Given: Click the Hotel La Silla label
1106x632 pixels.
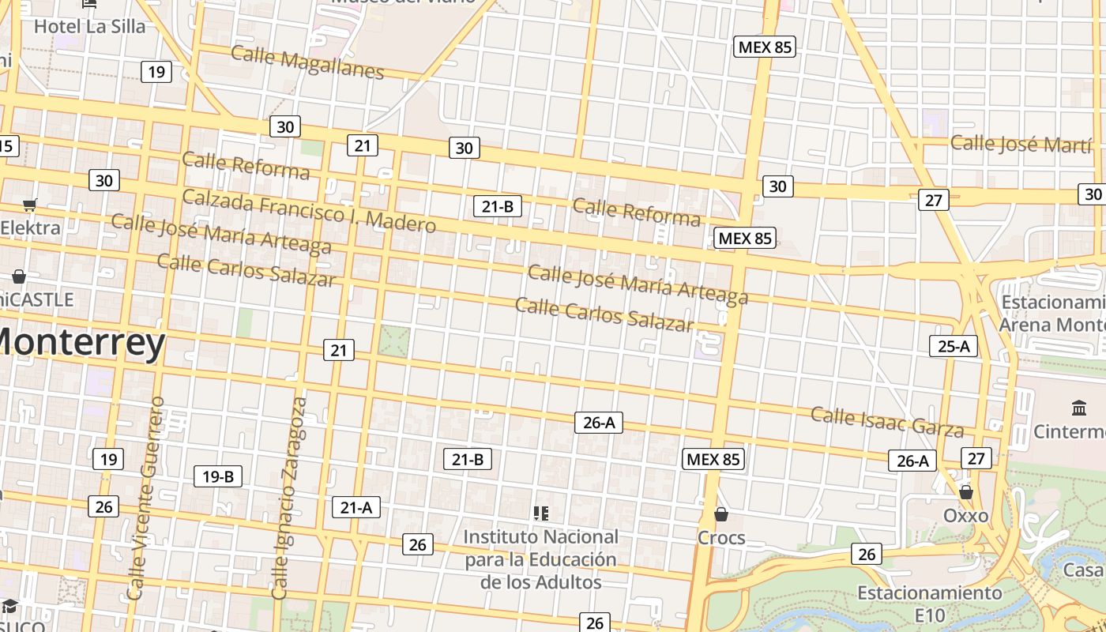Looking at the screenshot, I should click(89, 26).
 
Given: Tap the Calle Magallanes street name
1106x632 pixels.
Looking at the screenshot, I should click(307, 62).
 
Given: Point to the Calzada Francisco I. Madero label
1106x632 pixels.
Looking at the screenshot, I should click(309, 210).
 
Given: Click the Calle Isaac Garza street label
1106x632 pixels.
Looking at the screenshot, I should click(887, 421).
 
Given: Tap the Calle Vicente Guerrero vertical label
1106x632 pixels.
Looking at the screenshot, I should click(146, 498).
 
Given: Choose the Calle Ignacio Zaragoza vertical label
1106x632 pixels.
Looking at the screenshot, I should click(289, 498).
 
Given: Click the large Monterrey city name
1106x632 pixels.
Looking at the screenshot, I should click(79, 343).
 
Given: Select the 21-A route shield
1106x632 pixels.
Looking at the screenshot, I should click(355, 507).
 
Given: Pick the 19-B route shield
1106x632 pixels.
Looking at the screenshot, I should click(218, 476).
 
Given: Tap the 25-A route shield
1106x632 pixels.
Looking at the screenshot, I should click(954, 346).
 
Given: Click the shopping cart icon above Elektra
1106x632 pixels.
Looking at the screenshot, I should click(30, 205).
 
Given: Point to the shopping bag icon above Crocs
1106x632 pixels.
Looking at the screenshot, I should click(720, 515).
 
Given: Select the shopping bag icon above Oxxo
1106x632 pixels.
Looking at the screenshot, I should click(965, 493).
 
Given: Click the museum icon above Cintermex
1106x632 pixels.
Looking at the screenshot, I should click(1079, 408).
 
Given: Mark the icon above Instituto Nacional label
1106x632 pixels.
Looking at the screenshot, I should click(541, 513).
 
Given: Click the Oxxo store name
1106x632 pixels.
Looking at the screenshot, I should click(965, 516).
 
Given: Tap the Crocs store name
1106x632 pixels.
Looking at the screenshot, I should click(720, 538).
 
